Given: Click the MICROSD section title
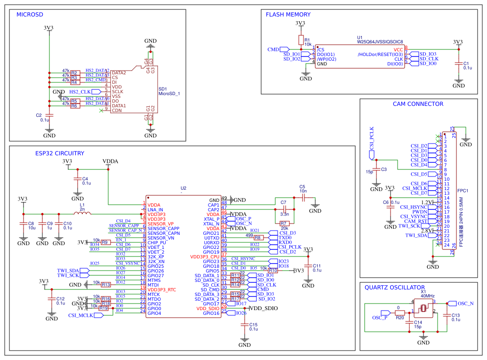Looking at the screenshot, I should click(x=30, y=15).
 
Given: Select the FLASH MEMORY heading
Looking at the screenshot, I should click(x=288, y=15).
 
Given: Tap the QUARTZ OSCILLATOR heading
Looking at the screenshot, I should click(x=394, y=288).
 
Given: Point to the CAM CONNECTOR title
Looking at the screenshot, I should click(x=418, y=104).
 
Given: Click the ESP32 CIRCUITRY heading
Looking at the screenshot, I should click(x=60, y=153).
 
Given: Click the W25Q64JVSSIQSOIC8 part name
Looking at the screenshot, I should click(x=380, y=42).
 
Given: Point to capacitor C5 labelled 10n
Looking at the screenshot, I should click(x=303, y=199).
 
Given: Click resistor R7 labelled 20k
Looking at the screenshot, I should click(x=283, y=223).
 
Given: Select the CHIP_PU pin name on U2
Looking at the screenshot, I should click(x=157, y=242).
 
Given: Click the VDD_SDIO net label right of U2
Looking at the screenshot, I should click(x=264, y=308).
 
